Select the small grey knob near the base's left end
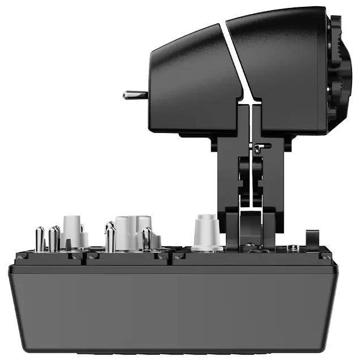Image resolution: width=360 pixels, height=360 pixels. (73, 229)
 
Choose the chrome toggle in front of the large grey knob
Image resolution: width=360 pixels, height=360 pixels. (147, 239)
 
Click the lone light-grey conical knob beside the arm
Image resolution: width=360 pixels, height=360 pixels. (206, 232)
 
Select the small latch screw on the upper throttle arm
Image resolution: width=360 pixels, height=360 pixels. (258, 148)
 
